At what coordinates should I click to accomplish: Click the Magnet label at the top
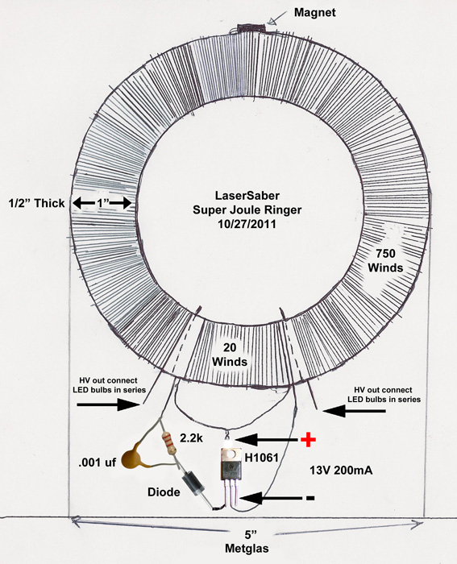[x=315, y=13]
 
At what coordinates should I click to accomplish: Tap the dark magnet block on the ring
[x=251, y=29]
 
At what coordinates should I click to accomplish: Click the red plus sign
[x=309, y=440]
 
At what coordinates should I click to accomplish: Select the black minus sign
[x=310, y=498]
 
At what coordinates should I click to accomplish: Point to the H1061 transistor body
[x=231, y=464]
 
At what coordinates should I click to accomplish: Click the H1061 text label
[x=262, y=458]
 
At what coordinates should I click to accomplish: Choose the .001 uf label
[x=98, y=462]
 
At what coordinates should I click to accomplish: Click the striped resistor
[x=169, y=443]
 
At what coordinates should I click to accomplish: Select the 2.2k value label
[x=192, y=438]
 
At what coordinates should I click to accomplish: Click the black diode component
[x=193, y=483]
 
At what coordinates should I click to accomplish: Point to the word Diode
[x=164, y=492]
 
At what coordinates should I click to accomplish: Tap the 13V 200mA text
[x=341, y=470]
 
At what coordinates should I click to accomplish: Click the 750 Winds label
[x=385, y=261]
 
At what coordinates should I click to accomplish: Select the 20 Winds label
[x=230, y=355]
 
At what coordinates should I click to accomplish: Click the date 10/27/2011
[x=247, y=224]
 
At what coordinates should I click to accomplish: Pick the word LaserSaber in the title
[x=247, y=195]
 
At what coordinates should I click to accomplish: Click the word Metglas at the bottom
[x=247, y=549]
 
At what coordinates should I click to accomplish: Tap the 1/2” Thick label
[x=37, y=203]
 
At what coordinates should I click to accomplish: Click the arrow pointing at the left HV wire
[x=108, y=404]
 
